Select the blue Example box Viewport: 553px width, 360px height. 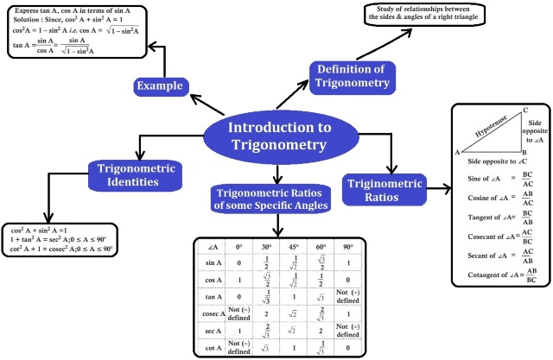[x=161, y=85]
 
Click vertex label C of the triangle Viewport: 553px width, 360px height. [x=525, y=110]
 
